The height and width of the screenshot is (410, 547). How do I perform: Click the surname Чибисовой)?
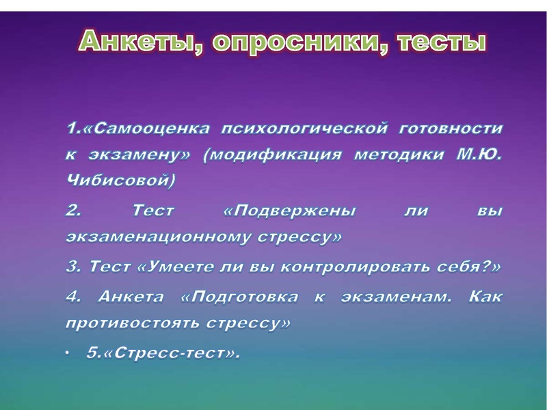click(x=120, y=181)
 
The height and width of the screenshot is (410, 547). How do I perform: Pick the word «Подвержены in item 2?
click(x=290, y=211)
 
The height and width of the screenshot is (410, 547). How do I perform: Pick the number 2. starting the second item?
click(x=73, y=211)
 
